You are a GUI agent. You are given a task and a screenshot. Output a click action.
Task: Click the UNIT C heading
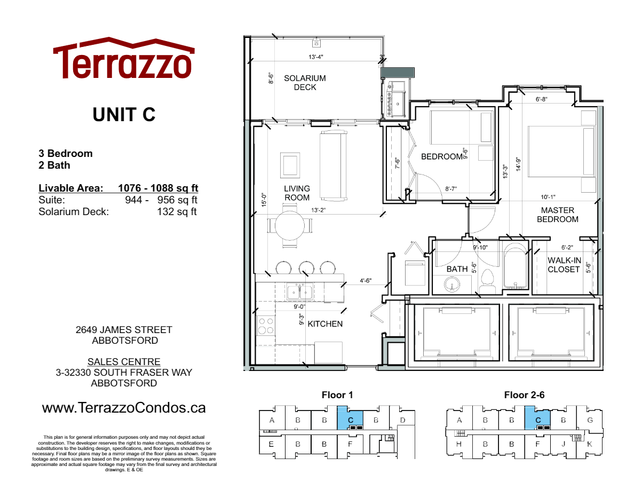[124, 114]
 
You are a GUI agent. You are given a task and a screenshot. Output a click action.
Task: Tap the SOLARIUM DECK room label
[305, 83]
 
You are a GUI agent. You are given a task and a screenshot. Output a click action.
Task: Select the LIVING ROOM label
[297, 193]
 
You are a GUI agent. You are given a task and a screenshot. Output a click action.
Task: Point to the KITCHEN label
[325, 324]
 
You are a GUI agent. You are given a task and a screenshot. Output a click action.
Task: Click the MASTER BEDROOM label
[557, 215]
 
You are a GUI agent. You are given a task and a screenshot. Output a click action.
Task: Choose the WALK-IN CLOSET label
[564, 265]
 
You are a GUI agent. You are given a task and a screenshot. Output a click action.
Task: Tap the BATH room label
[457, 269]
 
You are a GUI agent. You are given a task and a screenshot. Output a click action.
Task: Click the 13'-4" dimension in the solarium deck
[315, 57]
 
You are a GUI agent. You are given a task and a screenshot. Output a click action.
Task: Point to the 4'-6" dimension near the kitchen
[366, 280]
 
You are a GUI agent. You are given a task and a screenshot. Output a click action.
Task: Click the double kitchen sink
[299, 292]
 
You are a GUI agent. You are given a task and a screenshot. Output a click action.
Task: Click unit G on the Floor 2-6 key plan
[590, 420]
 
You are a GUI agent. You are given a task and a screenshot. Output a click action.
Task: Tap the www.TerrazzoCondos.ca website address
[124, 408]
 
